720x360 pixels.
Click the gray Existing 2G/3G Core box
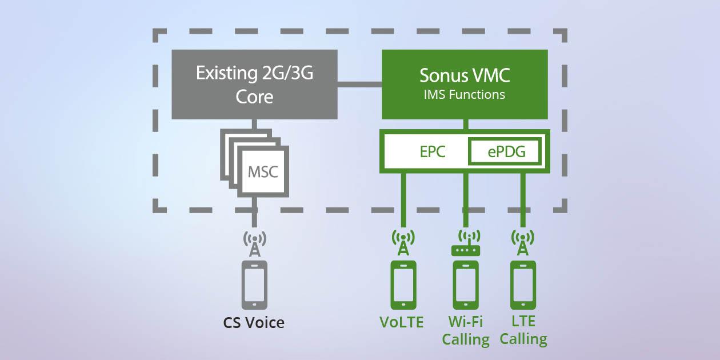(x=254, y=84)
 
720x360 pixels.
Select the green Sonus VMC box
(x=465, y=84)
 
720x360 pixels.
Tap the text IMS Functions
(x=465, y=95)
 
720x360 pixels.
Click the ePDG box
(x=503, y=152)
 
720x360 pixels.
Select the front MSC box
(x=263, y=171)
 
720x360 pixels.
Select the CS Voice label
(x=254, y=322)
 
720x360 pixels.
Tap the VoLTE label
(x=402, y=322)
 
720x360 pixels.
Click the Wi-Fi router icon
(x=465, y=244)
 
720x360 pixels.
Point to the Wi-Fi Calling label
(x=466, y=330)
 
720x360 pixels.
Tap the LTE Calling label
(x=523, y=330)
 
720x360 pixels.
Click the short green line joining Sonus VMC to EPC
(x=465, y=124)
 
